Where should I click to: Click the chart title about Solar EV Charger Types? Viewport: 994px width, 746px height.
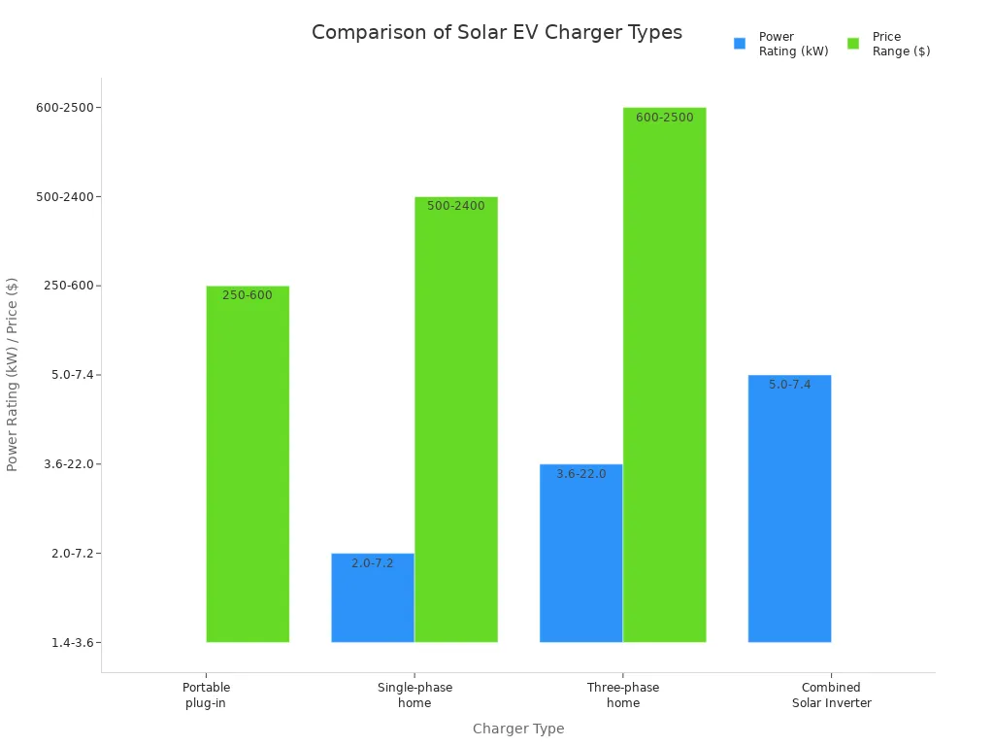pyautogui.click(x=496, y=33)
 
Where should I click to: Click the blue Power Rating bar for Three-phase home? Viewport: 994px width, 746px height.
pyautogui.click(x=580, y=554)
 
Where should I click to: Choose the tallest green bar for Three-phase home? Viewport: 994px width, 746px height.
pyautogui.click(x=664, y=375)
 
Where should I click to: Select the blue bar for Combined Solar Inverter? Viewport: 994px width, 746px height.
pyautogui.click(x=789, y=509)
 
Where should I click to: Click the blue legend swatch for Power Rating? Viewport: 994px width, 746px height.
pyautogui.click(x=740, y=44)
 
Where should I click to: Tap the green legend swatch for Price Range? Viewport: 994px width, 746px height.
pyautogui.click(x=853, y=44)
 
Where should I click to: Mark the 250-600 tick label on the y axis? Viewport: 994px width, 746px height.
pyautogui.click(x=69, y=286)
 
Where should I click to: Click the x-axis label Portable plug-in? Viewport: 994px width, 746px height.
pyautogui.click(x=206, y=695)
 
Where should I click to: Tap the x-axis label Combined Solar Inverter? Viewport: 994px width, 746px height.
pyautogui.click(x=831, y=695)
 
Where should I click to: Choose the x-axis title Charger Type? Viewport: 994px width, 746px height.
pyautogui.click(x=518, y=729)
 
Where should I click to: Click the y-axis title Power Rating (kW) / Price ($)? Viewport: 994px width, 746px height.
pyautogui.click(x=13, y=374)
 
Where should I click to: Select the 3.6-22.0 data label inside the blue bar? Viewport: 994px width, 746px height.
pyautogui.click(x=580, y=474)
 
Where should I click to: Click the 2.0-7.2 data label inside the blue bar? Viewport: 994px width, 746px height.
pyautogui.click(x=373, y=563)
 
